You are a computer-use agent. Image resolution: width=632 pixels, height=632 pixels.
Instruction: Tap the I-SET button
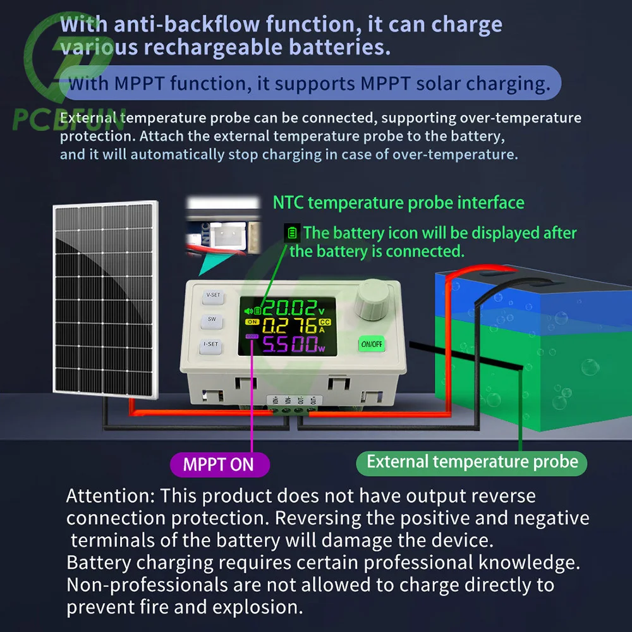click(211, 345)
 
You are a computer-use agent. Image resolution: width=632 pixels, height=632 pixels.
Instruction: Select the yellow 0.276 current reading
click(289, 327)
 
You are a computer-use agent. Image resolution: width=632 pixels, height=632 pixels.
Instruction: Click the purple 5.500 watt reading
click(289, 344)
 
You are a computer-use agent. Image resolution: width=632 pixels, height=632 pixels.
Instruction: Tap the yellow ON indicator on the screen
click(250, 323)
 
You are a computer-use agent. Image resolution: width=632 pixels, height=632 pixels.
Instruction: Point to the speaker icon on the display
click(249, 310)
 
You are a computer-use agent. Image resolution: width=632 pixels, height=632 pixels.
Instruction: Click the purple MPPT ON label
click(219, 465)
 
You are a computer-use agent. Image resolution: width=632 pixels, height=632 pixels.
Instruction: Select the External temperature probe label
click(471, 461)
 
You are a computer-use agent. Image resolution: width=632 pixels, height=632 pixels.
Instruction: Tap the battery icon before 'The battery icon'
click(291, 233)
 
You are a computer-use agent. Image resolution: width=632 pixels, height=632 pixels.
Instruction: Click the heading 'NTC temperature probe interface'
click(398, 203)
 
